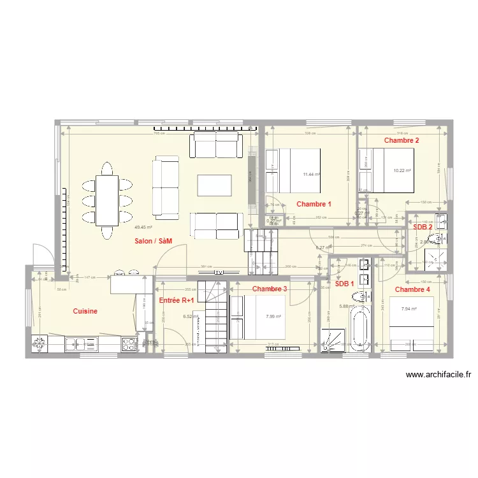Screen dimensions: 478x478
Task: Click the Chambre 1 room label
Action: click(314, 204)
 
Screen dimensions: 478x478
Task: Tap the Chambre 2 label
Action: click(402, 140)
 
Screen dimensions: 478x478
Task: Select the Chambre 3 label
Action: click(270, 289)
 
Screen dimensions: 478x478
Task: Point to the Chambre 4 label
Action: click(412, 289)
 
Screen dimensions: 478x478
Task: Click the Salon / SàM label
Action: click(154, 241)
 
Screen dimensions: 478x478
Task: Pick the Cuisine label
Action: click(85, 311)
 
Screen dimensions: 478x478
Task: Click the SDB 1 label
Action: click(345, 284)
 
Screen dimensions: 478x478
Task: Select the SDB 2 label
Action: click(423, 227)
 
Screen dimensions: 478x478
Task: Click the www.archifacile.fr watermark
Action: click(438, 375)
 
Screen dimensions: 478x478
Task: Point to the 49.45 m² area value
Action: click(143, 226)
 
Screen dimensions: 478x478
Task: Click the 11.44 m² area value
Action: click(312, 174)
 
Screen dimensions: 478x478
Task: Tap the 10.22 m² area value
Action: click(402, 170)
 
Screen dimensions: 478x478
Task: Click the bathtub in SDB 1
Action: click(361, 328)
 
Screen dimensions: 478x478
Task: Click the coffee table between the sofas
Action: click(215, 185)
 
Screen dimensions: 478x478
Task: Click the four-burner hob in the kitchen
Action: click(129, 344)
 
